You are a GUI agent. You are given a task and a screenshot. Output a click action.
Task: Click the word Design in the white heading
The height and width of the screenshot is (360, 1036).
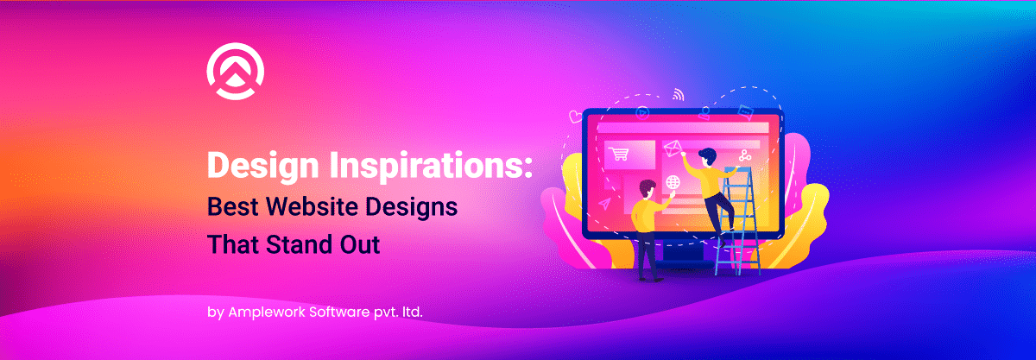click(x=263, y=166)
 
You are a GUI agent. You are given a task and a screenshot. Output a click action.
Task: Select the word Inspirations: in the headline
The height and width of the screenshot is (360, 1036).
click(x=431, y=166)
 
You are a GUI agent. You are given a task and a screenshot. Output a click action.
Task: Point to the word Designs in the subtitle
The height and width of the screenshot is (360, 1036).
click(x=411, y=208)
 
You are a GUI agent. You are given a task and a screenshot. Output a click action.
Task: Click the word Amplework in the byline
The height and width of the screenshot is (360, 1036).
click(x=267, y=313)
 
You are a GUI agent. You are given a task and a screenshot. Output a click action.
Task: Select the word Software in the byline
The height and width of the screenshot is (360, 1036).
click(x=339, y=312)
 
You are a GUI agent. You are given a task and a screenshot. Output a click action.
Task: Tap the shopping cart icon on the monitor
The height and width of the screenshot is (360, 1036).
click(x=618, y=154)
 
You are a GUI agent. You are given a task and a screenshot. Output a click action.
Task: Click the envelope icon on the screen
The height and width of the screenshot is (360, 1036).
click(x=673, y=148)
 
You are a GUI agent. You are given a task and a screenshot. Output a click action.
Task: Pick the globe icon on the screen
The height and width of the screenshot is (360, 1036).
click(x=673, y=182)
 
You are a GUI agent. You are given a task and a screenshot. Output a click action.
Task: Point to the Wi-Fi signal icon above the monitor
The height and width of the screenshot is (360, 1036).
click(x=679, y=94)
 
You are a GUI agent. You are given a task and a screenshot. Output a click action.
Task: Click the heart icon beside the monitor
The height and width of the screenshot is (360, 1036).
click(x=575, y=117)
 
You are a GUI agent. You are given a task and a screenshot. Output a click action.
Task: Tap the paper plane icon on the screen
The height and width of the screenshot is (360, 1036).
click(x=604, y=203)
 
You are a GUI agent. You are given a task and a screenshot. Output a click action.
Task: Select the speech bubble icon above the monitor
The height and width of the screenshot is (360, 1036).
click(x=745, y=112)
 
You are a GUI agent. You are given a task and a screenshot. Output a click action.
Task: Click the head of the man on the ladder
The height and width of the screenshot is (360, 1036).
click(x=707, y=157)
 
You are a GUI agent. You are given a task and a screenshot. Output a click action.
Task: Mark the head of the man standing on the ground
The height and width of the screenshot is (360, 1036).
click(x=647, y=189)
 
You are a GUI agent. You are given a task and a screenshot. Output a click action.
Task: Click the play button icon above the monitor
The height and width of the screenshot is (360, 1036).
click(x=642, y=112)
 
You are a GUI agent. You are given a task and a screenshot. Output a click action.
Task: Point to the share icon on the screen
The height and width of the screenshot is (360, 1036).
click(x=744, y=155)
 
